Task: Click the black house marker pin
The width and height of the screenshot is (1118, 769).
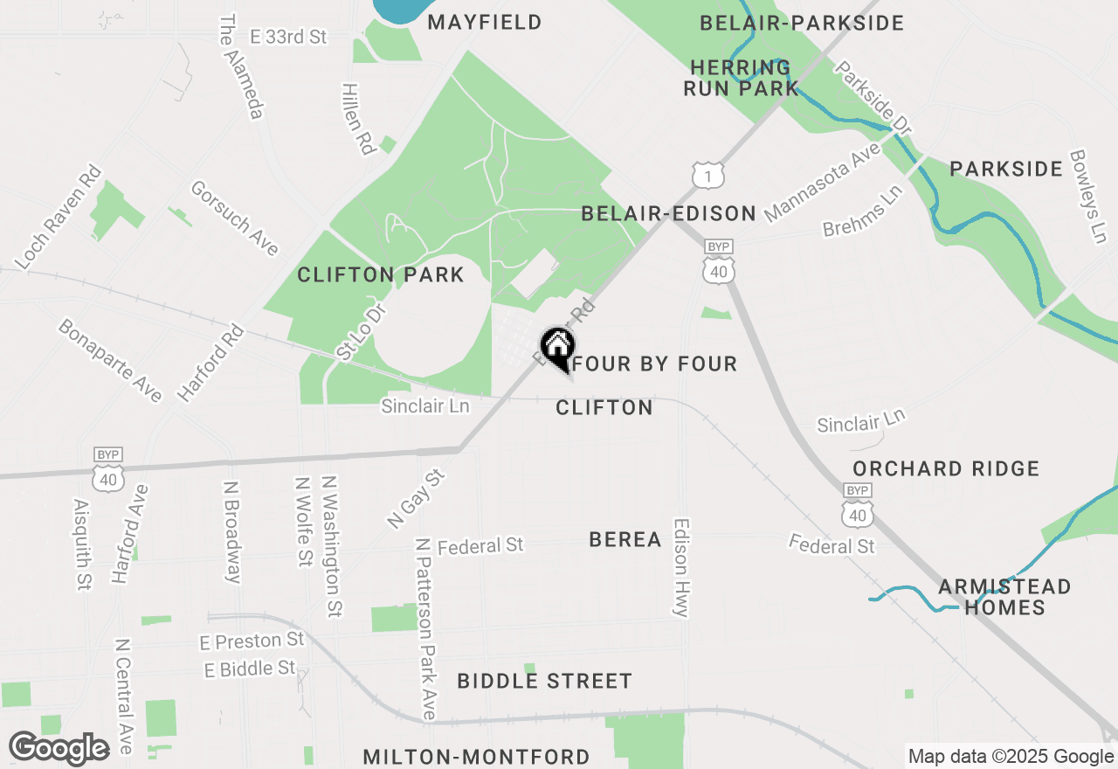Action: [x=557, y=347]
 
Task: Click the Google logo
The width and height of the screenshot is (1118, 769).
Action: [x=59, y=748]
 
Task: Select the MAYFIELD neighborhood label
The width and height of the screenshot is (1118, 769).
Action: [x=485, y=22]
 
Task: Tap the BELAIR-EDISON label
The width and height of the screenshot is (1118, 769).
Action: [x=669, y=213]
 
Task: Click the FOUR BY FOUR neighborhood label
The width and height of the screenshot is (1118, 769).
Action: [x=656, y=364]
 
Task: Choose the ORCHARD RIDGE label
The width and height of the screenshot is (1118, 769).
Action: [x=946, y=468]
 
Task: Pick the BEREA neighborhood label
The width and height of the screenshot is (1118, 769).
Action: [x=625, y=539]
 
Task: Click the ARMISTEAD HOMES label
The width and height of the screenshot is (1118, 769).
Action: [x=1004, y=597]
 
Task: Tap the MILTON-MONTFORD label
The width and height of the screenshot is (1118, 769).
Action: [x=476, y=757]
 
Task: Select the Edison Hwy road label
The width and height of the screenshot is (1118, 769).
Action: [x=682, y=569]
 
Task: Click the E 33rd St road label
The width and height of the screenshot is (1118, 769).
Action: [x=288, y=37]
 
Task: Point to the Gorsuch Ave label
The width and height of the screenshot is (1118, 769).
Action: [x=235, y=218]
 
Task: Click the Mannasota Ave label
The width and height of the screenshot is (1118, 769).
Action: [x=821, y=184]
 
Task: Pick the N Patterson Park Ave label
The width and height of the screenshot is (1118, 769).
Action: [x=425, y=628]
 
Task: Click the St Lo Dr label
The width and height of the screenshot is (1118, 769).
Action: [x=360, y=332]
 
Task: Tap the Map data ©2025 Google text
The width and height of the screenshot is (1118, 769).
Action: [x=1011, y=757]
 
